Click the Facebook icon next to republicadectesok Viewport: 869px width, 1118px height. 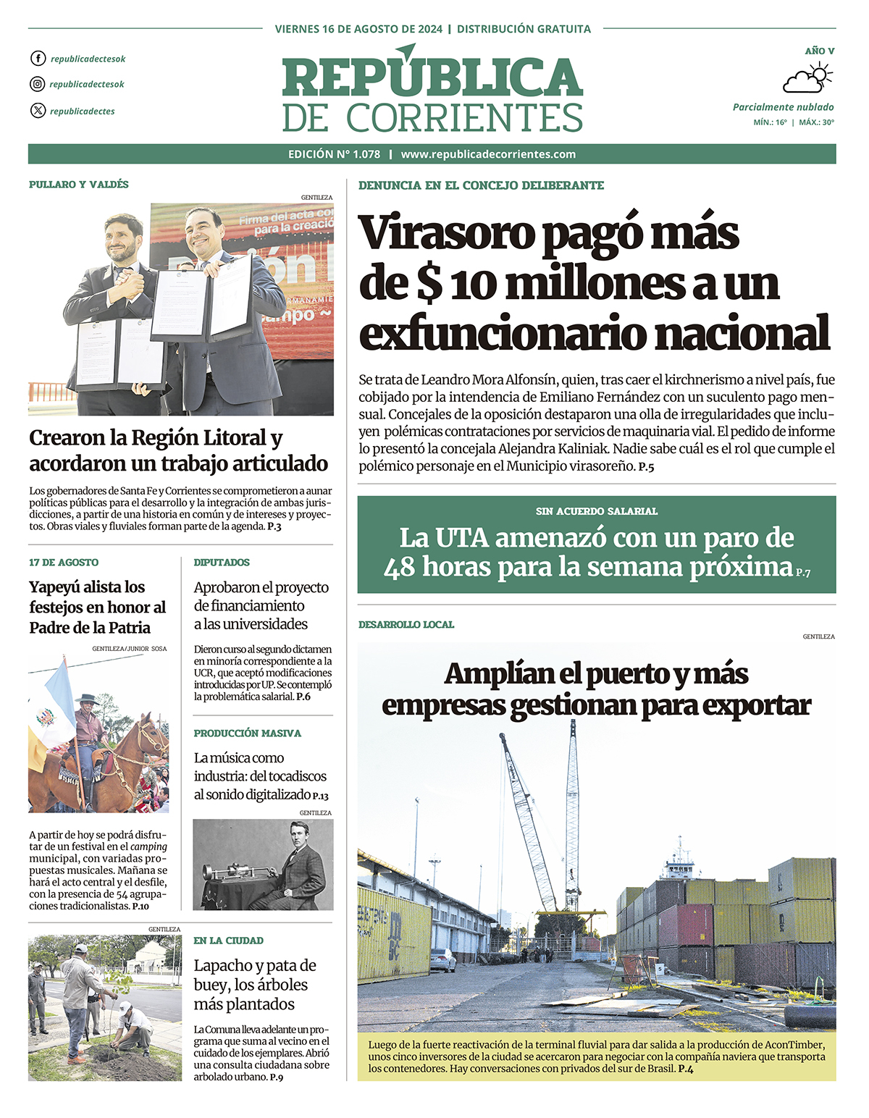click(38, 59)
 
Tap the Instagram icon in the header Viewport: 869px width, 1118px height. click(38, 84)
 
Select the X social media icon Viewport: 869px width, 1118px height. click(38, 111)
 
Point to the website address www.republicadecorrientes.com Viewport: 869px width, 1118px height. click(488, 154)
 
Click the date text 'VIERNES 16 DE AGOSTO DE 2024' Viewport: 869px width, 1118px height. click(358, 29)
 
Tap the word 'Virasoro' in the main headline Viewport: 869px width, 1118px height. click(446, 233)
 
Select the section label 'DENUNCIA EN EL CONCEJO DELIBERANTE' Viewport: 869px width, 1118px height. click(481, 185)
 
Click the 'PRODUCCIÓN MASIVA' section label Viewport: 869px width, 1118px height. click(247, 734)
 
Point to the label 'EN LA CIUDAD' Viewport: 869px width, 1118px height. click(228, 941)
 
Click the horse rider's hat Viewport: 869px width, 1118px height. click(87, 699)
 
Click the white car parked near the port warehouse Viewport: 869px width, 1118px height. click(442, 961)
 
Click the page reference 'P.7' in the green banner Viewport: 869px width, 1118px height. click(803, 573)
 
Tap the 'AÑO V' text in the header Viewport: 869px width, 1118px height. click(819, 51)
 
